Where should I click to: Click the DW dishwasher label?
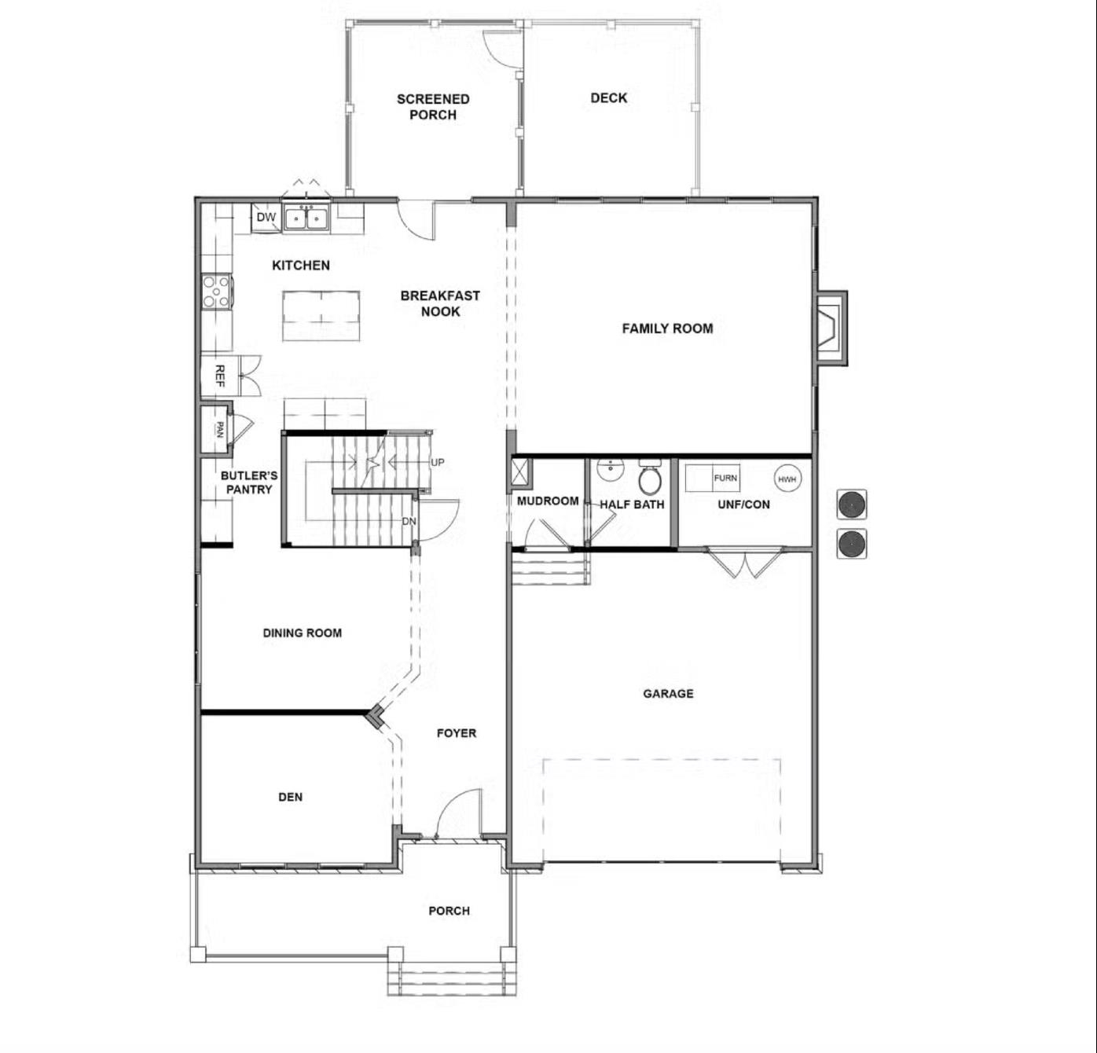(266, 218)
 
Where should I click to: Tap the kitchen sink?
(306, 218)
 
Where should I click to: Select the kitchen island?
(321, 316)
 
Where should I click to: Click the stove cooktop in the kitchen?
(216, 291)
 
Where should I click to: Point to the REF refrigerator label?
(220, 376)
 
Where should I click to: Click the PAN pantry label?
(220, 430)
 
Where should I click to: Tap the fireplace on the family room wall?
(831, 328)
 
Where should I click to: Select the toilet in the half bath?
(650, 478)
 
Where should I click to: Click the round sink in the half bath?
(610, 470)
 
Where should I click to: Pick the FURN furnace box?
(725, 478)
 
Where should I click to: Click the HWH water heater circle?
(787, 479)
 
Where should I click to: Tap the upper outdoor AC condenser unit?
(851, 504)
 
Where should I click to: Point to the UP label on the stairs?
(438, 462)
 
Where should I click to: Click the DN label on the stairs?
(409, 521)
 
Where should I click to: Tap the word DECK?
(609, 98)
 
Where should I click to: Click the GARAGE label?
(668, 693)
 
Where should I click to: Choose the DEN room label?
(290, 797)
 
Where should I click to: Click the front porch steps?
(452, 978)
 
